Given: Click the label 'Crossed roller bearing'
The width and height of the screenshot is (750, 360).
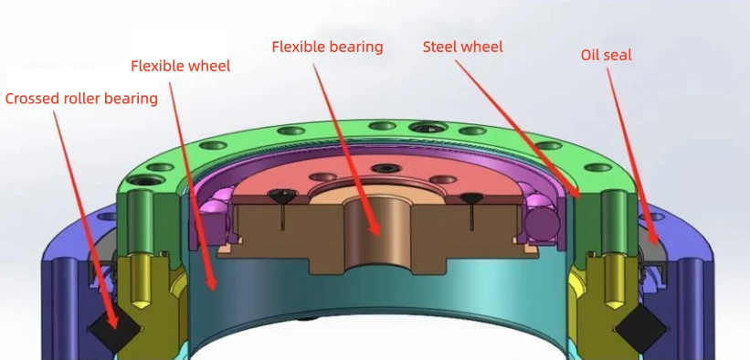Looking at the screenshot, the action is tap(81, 99).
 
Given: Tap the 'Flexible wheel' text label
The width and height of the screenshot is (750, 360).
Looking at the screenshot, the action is tap(180, 66).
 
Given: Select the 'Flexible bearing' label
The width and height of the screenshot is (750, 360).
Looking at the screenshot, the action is tap(327, 47).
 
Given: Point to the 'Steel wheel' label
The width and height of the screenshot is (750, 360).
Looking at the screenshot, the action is tap(462, 47).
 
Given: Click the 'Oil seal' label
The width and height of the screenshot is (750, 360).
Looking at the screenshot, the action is tap(606, 55).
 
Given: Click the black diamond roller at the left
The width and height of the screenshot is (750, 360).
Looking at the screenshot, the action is tap(115, 329).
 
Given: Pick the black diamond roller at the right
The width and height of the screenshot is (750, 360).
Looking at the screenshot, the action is tap(641, 328).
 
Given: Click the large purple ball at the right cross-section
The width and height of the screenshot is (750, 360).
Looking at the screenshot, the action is tap(542, 222).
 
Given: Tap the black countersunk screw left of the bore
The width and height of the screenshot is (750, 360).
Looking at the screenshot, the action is tap(280, 195).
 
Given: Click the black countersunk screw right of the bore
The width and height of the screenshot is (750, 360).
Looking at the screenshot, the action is tap(470, 196).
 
